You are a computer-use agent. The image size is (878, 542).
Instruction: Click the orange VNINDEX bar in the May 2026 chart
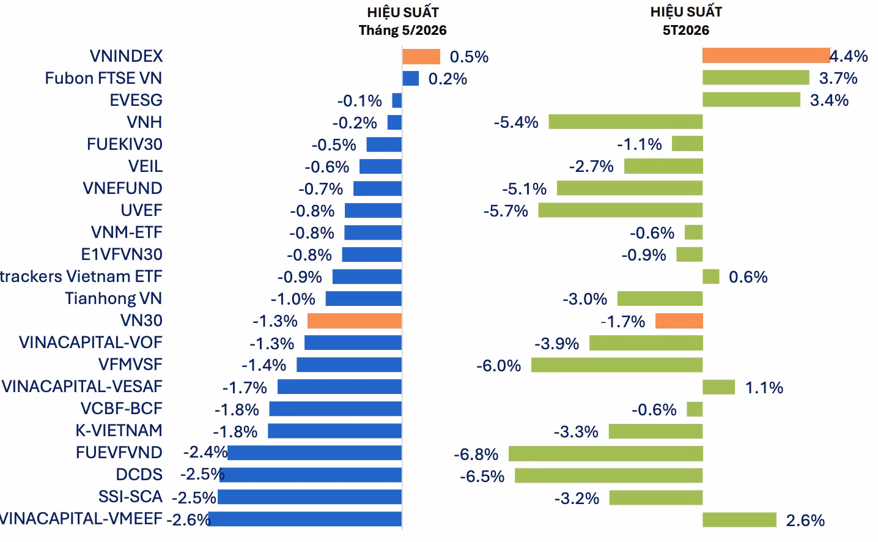click(421, 56)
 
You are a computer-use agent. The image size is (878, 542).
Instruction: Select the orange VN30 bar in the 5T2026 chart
click(679, 321)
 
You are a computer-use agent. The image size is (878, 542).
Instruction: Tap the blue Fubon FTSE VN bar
click(411, 78)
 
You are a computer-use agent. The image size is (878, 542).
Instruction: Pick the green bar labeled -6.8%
click(605, 453)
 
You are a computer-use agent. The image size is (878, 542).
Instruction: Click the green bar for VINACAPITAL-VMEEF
click(739, 519)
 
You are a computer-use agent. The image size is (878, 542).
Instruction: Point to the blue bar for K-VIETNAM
click(334, 431)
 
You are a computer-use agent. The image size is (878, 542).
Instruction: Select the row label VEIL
click(146, 166)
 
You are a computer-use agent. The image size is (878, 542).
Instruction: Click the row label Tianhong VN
click(113, 299)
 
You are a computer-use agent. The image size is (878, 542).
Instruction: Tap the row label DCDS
click(139, 475)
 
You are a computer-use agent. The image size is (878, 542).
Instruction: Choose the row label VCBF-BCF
click(122, 409)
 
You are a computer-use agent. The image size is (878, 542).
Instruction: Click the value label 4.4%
click(849, 56)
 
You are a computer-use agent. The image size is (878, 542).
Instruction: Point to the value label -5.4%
click(516, 122)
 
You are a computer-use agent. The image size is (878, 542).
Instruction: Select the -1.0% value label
click(293, 299)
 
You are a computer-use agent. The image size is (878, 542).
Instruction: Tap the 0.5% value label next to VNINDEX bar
click(469, 57)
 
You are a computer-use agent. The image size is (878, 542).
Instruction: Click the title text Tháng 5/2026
click(402, 30)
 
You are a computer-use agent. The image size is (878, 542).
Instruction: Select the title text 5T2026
click(686, 30)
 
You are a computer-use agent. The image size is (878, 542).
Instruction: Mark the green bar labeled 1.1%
click(719, 387)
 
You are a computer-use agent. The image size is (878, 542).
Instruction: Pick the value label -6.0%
click(498, 366)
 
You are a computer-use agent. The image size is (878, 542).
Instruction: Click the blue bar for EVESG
click(397, 100)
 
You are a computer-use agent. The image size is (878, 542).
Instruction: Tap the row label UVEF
click(141, 210)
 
